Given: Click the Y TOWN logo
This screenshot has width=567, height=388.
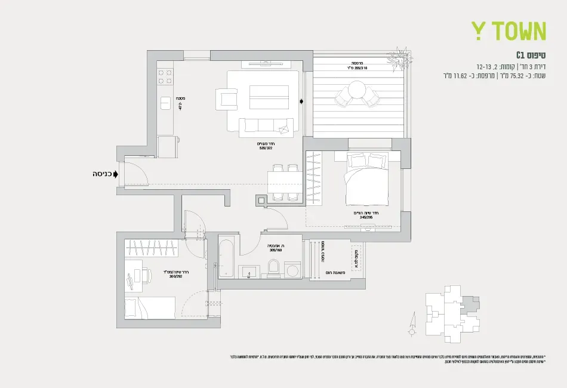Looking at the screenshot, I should (509, 31).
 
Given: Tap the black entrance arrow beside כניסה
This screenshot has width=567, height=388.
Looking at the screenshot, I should (115, 174).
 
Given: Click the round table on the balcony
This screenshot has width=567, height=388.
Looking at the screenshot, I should (358, 90).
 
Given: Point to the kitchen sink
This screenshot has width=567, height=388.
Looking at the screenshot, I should (165, 103).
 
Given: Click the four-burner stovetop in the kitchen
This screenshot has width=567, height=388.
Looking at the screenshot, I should (164, 76).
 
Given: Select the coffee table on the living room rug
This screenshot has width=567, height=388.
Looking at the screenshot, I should (269, 97).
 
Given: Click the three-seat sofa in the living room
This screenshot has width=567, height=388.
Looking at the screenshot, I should (267, 125).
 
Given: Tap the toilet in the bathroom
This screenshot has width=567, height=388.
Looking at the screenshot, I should (274, 267).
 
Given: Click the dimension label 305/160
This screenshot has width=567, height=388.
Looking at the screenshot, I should (275, 251).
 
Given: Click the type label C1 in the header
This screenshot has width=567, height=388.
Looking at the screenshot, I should (525, 55).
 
